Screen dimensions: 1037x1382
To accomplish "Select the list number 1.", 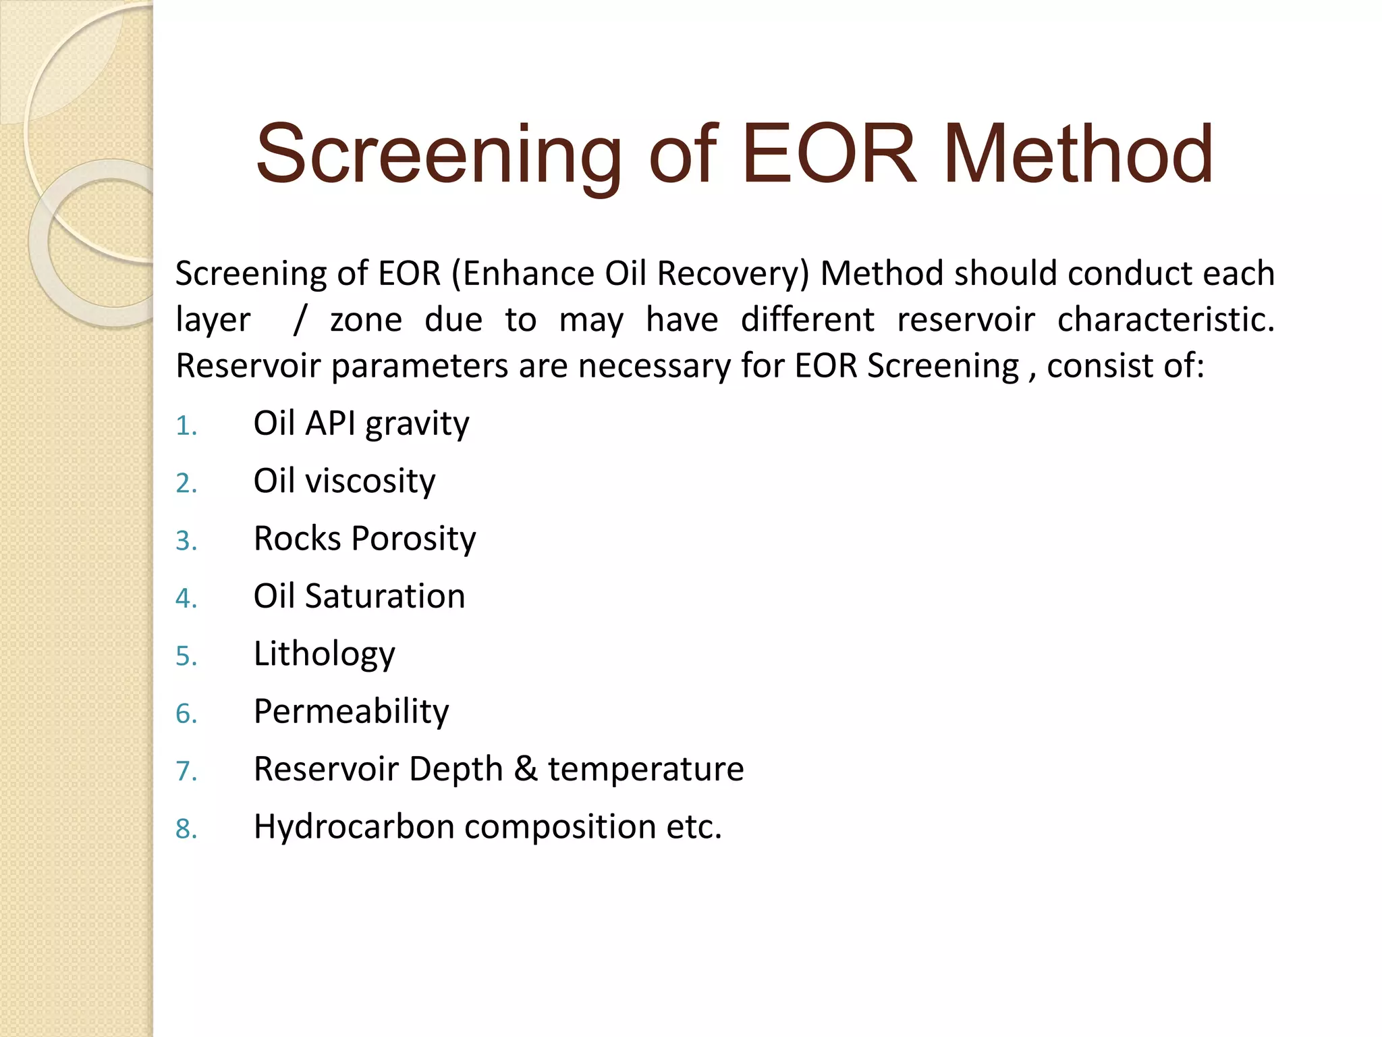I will coord(186,426).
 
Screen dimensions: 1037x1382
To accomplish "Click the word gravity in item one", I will coord(417,425).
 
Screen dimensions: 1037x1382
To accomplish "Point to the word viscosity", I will coord(370,482).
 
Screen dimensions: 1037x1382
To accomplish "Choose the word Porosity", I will coord(413,539).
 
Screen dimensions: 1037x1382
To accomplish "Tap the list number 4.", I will coord(186,598).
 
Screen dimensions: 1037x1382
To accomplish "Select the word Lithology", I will coord(324,654).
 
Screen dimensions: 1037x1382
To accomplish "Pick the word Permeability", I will coord(351,712).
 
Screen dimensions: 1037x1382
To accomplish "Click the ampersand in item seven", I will coord(526,769).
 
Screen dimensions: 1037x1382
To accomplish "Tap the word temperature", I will coord(646,770).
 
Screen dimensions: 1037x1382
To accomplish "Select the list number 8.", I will coord(186,829).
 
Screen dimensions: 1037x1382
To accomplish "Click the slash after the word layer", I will coord(300,320).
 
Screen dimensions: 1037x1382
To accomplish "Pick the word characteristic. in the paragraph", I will coord(1165,320).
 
